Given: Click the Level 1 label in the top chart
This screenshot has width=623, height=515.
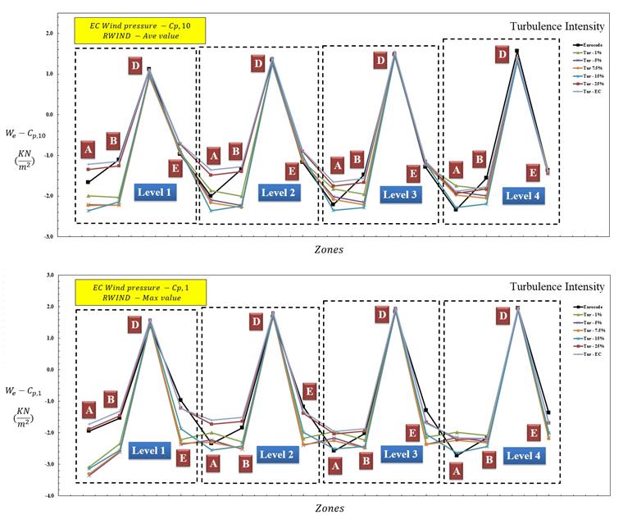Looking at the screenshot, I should click(161, 192).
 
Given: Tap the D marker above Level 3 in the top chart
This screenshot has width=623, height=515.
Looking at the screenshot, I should click(380, 60).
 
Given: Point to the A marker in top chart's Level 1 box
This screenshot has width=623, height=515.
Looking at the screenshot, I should click(88, 150).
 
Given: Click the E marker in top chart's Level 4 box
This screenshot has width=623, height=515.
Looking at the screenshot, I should click(533, 172).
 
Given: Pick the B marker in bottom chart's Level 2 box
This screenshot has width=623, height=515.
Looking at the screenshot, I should click(245, 463).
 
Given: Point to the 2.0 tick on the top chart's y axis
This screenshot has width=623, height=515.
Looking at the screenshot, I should click(48, 34).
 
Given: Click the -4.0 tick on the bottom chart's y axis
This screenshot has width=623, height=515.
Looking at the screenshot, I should click(48, 496).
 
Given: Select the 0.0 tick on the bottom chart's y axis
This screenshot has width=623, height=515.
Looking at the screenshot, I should click(49, 370).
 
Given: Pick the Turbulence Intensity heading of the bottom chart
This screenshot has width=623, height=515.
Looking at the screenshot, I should click(557, 287).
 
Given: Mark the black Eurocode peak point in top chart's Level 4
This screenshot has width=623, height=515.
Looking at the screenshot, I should click(516, 51).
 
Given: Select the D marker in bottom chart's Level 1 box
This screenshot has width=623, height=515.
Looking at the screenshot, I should click(134, 326).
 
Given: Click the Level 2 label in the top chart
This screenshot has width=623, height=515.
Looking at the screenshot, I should click(280, 193).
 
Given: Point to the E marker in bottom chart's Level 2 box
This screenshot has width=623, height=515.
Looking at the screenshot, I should click(310, 391).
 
